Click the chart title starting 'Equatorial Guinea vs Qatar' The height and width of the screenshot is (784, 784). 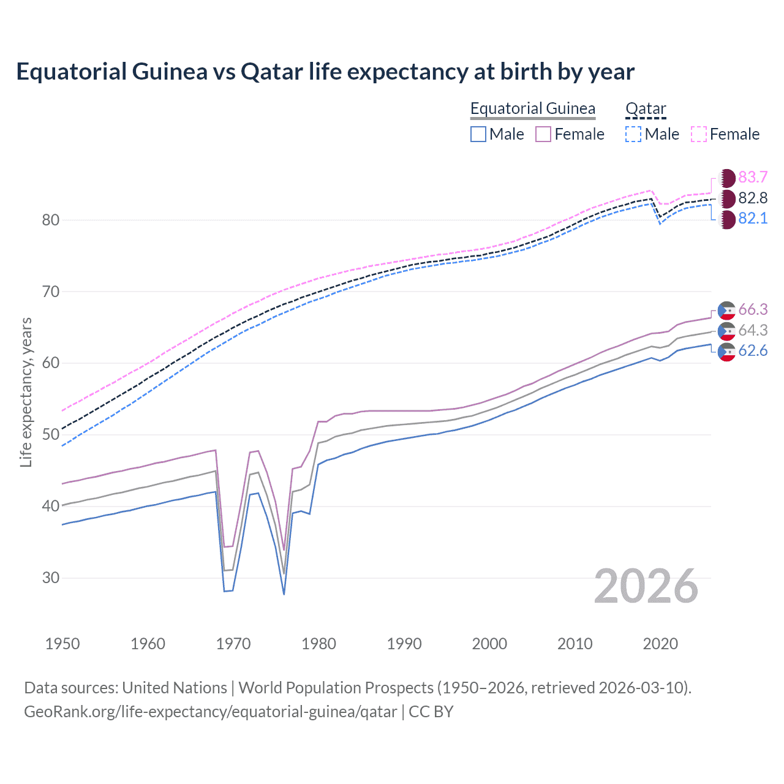(x=325, y=72)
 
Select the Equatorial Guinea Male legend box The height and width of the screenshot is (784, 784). (x=478, y=134)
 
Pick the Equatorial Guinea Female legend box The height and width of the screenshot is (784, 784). (x=543, y=134)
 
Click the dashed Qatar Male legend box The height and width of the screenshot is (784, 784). (x=633, y=134)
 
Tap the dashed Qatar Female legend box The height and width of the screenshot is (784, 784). (x=699, y=134)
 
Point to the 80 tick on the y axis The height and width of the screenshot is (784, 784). (x=51, y=220)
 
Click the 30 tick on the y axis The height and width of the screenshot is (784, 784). (x=51, y=578)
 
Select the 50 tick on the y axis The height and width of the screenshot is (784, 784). (x=51, y=435)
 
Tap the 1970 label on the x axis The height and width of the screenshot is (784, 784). (x=233, y=644)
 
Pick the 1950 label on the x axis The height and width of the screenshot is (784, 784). (x=62, y=644)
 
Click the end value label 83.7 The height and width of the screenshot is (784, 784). (x=753, y=178)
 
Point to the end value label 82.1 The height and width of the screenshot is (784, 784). (x=753, y=219)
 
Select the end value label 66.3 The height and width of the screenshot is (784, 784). (x=753, y=310)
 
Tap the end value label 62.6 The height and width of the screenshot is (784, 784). (x=753, y=351)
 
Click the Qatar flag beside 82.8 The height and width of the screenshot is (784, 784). (x=727, y=198)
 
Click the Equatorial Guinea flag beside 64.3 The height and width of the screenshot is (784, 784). (x=727, y=331)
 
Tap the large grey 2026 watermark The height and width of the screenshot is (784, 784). (x=646, y=587)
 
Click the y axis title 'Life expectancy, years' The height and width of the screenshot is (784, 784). (x=26, y=392)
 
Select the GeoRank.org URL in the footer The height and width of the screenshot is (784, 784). (x=210, y=712)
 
